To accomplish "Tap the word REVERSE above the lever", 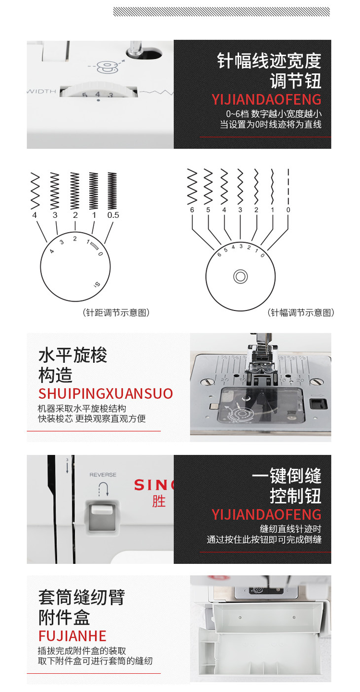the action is (103, 475).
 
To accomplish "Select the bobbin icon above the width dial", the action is (107, 68).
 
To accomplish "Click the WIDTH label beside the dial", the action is (42, 92).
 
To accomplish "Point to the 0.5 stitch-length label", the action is (113, 215).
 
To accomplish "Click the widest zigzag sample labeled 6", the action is (192, 187).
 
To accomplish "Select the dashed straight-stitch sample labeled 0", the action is (288, 186).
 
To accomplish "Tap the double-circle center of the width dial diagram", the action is (241, 277).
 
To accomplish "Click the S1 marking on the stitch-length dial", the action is (97, 284).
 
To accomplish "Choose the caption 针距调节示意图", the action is (116, 312).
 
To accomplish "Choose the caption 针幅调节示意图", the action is (301, 312).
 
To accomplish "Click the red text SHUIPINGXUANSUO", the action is (106, 394).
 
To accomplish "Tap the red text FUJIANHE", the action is (72, 636).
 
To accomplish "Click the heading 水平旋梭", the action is (72, 355).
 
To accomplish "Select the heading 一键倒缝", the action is (287, 476).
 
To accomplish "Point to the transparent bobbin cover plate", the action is (260, 405).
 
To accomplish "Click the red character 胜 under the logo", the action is (159, 501).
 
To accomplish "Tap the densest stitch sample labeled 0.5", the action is (112, 191).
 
